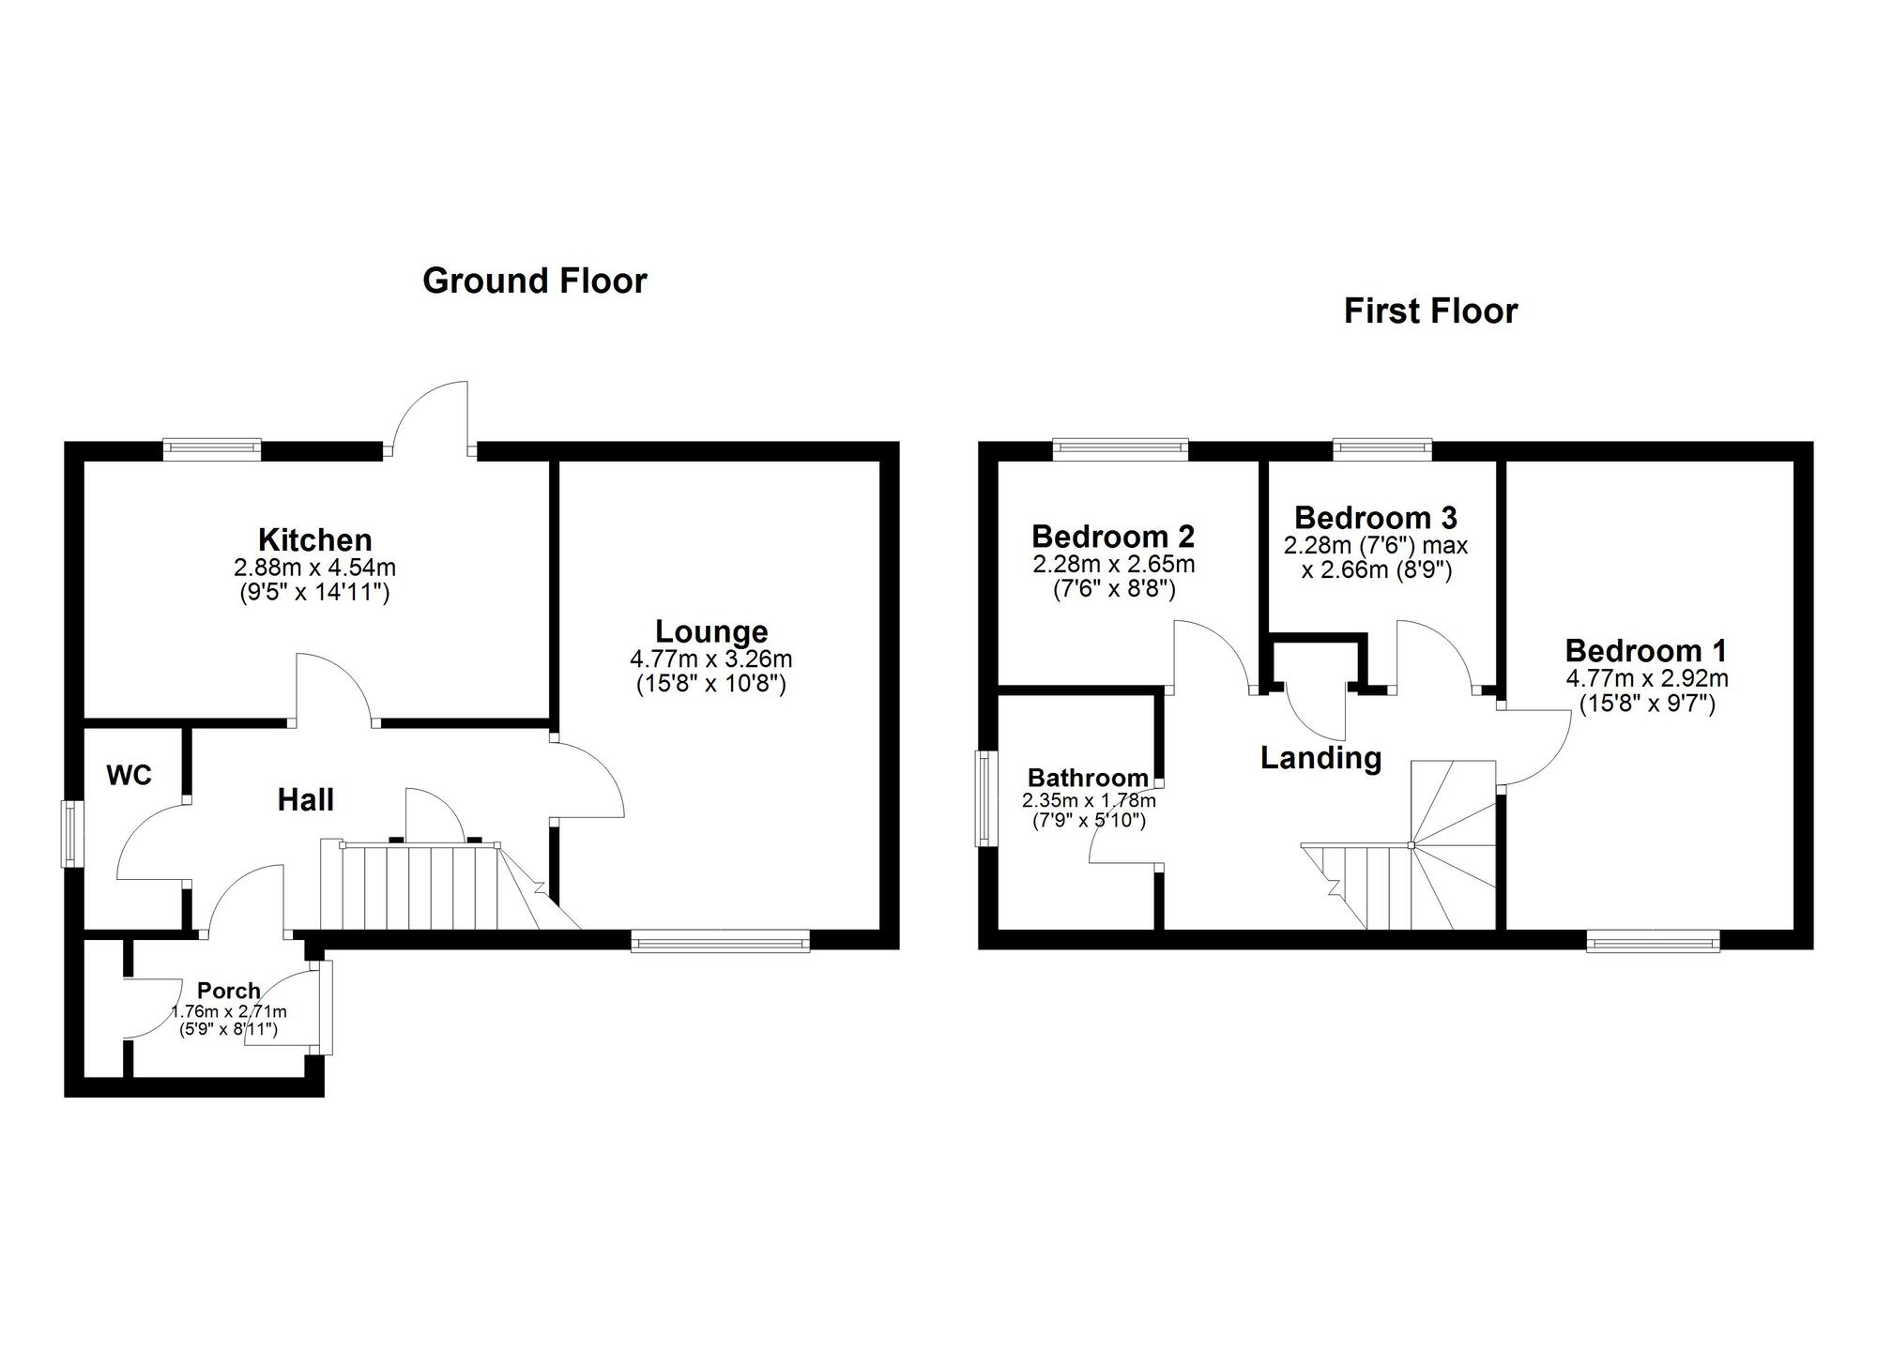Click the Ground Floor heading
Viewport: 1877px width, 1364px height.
tap(534, 280)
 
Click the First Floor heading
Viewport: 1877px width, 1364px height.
tap(1429, 311)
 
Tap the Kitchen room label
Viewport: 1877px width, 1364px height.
tap(314, 539)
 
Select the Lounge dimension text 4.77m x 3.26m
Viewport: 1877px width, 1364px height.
tap(710, 659)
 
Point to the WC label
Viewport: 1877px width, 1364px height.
tap(129, 775)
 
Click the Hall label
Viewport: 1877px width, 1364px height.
tap(305, 799)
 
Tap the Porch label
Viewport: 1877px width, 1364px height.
tap(228, 991)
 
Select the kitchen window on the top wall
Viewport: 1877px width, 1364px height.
tap(211, 449)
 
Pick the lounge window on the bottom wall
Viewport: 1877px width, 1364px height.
tap(720, 940)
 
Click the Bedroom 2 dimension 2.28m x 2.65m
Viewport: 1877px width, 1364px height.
tap(1113, 565)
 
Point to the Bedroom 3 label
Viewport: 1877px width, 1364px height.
tap(1375, 517)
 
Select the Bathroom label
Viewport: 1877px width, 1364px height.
tap(1087, 777)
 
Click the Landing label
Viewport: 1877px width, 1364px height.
tap(1320, 757)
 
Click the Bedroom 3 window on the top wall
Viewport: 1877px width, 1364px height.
tap(1382, 449)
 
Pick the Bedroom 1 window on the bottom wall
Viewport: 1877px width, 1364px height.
tap(1653, 941)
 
